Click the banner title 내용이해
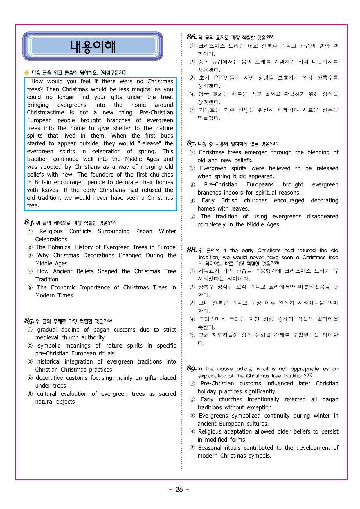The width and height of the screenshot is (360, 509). click(93, 46)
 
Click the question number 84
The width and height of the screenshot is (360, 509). click(29, 222)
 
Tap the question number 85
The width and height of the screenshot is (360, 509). click(29, 321)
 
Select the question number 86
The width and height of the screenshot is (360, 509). click(192, 37)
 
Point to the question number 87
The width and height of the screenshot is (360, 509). click(191, 143)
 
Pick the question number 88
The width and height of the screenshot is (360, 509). click(192, 250)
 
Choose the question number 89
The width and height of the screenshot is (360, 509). click(192, 368)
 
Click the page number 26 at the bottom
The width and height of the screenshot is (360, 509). click(179, 490)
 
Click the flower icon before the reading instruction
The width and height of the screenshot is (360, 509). click(27, 72)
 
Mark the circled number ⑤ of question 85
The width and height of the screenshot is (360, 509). click(30, 394)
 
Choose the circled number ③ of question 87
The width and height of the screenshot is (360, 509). click(192, 185)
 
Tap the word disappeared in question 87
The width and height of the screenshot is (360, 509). click(323, 216)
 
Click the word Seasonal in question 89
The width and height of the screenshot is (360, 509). click(210, 448)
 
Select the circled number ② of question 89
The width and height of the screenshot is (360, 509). click(192, 400)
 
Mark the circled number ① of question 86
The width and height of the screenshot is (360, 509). click(192, 46)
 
